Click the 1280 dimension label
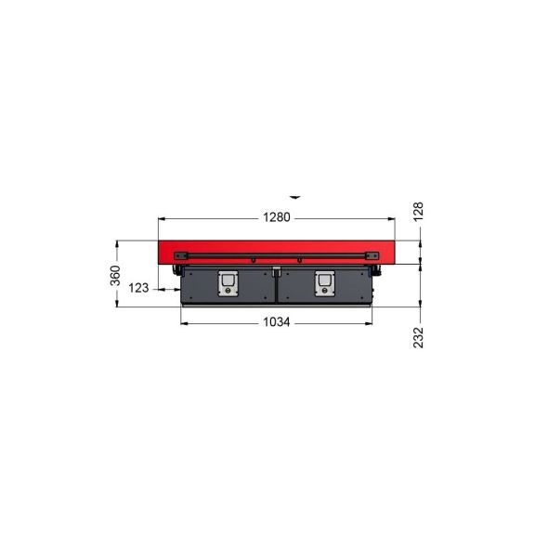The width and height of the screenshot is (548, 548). (277, 217)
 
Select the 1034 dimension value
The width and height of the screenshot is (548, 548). (277, 322)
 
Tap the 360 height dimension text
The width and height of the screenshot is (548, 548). (115, 276)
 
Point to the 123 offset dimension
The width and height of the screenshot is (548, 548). (138, 288)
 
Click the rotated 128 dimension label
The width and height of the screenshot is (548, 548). (418, 211)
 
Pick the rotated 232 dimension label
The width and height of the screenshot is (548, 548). (418, 337)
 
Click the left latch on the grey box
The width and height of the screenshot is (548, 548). (228, 283)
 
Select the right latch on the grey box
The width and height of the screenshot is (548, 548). (325, 283)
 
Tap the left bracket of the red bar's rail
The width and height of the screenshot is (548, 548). (181, 255)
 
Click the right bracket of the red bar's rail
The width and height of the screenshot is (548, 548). (372, 255)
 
